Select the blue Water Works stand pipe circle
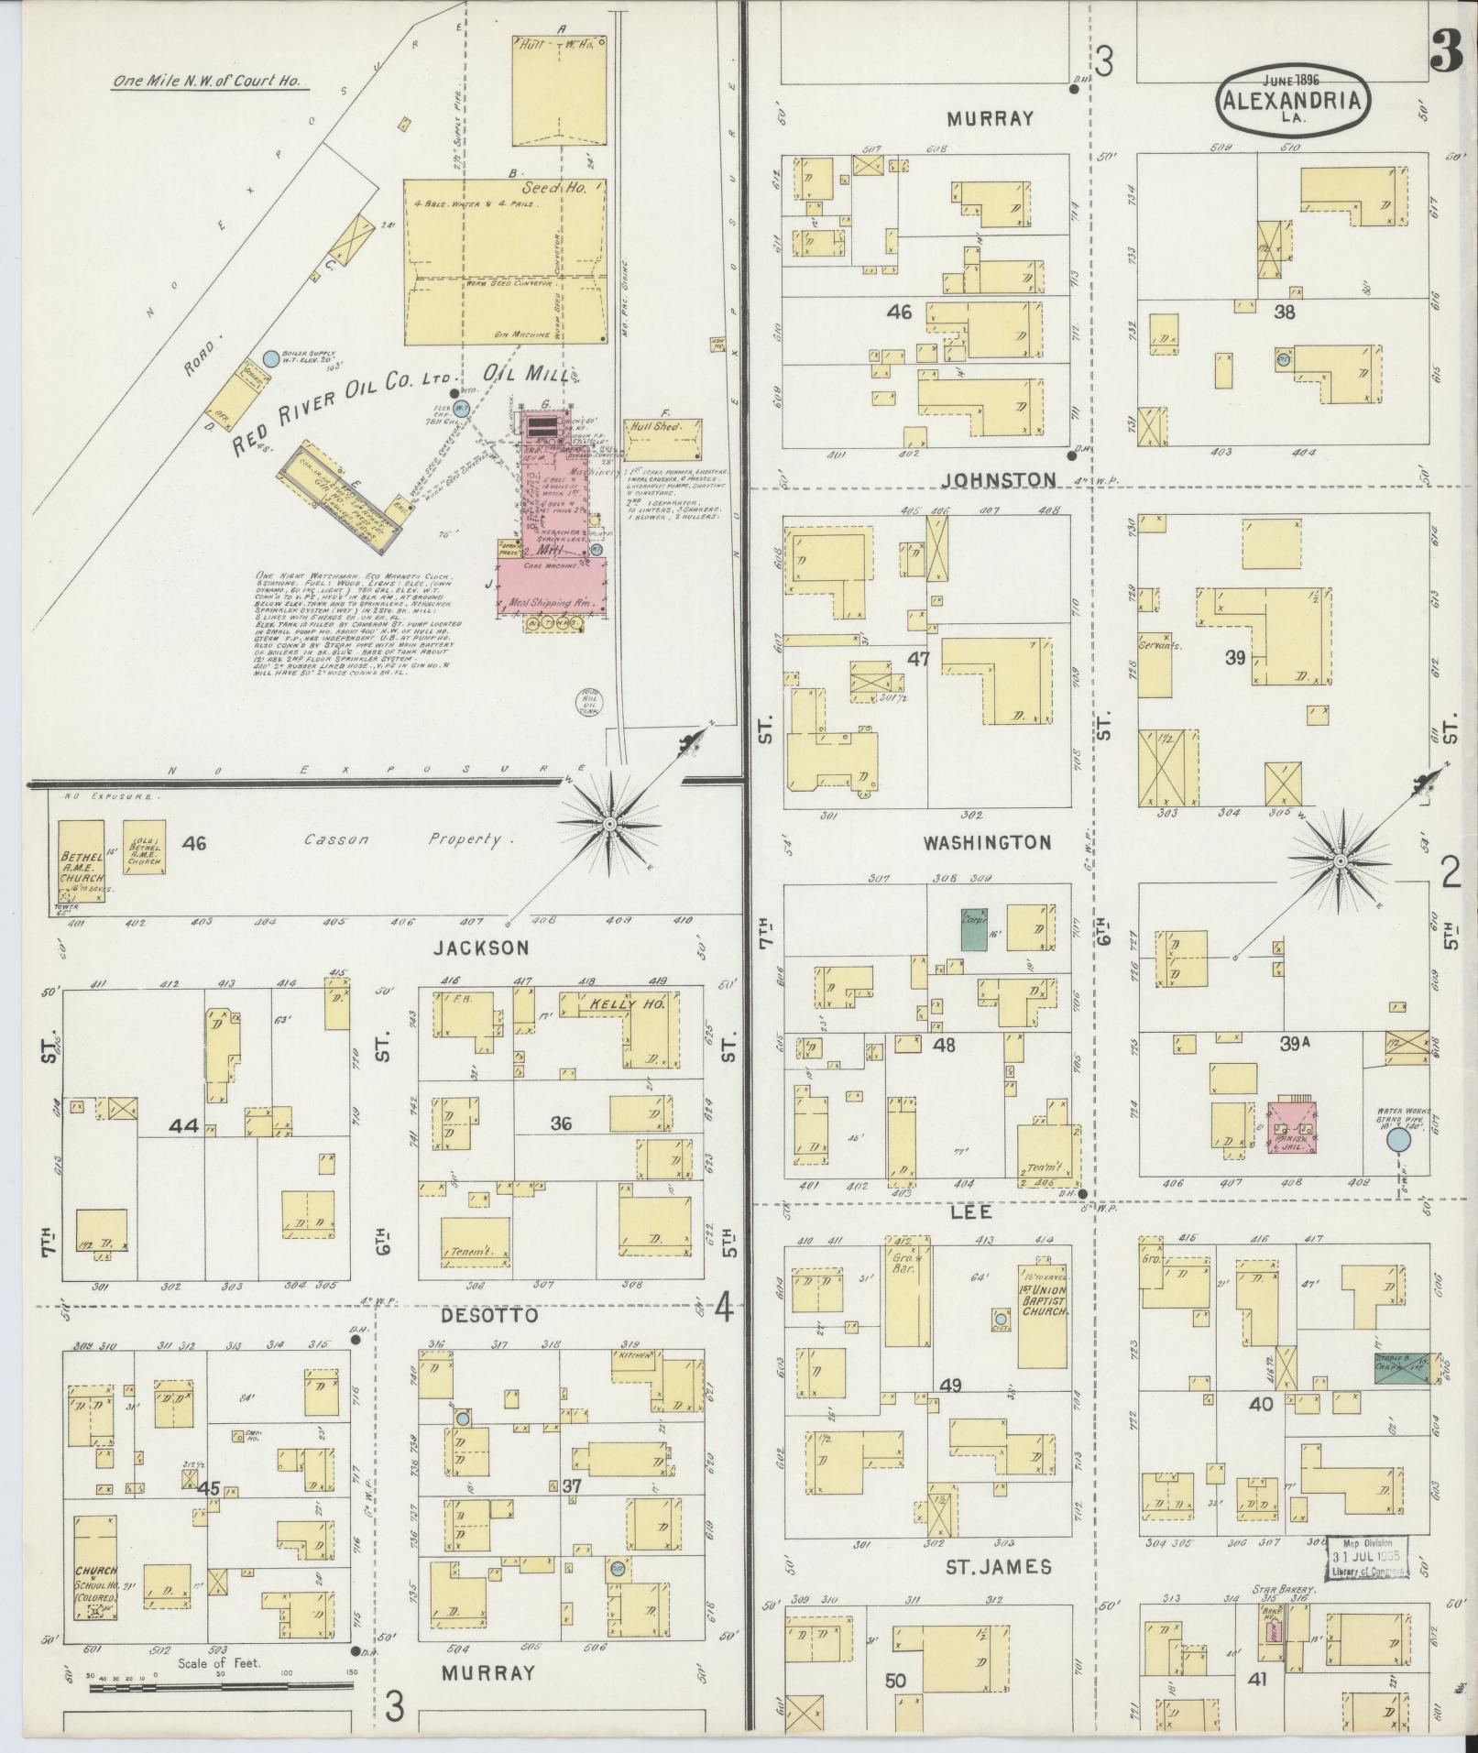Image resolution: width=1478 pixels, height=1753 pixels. point(1397,1140)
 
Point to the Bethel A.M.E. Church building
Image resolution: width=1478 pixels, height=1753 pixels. point(81,861)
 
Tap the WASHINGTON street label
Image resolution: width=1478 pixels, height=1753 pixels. point(987,842)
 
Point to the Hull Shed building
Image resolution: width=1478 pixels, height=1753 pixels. point(663,439)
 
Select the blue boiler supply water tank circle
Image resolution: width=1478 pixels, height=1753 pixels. point(270,358)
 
